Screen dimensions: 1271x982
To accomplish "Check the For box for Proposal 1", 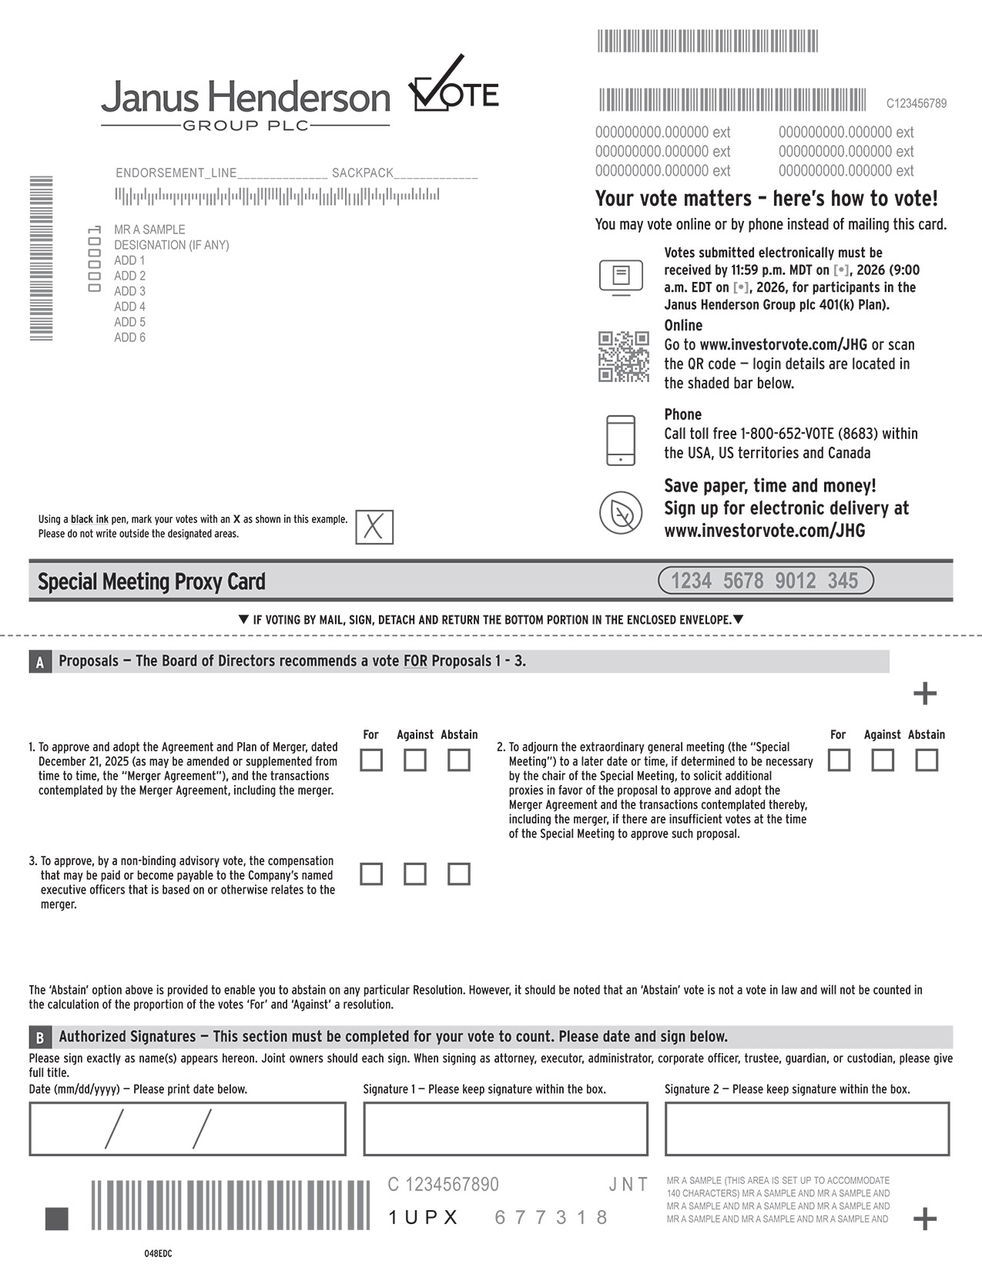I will point(371,760).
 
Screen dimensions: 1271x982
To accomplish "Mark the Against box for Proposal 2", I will point(883,760).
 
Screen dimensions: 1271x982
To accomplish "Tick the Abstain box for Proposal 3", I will point(459,874).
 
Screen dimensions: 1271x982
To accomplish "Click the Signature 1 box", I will point(505,1129).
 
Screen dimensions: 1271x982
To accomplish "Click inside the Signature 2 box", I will point(806,1129).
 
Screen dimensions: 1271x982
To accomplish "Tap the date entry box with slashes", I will point(187,1129).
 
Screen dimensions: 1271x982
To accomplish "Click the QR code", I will point(624,357).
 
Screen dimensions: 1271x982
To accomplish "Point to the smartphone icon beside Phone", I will point(621,441).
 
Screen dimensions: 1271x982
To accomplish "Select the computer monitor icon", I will point(621,277).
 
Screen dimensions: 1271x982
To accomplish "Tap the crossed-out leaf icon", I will point(621,512).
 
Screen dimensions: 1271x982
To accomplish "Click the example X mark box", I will point(374,527).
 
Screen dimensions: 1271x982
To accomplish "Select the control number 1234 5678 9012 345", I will point(766,581).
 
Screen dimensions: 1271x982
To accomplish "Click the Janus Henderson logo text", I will point(245,99).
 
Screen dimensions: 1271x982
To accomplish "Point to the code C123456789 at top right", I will point(917,103).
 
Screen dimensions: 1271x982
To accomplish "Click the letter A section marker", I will point(40,662).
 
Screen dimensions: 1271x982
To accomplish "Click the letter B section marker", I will point(40,1037).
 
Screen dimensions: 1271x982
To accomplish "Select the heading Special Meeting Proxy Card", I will point(152,582).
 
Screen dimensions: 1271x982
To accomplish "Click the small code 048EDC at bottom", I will point(158,1253).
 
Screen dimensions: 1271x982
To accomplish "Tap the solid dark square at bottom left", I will point(57,1219).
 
